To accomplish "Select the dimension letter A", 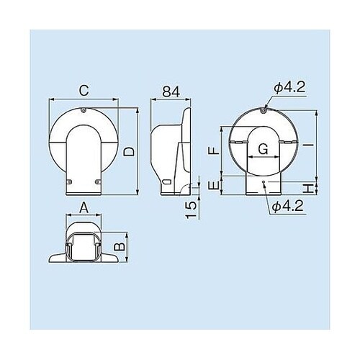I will (x=83, y=207).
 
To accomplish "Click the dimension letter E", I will (x=212, y=186).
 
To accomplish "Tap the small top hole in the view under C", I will (x=84, y=112).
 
